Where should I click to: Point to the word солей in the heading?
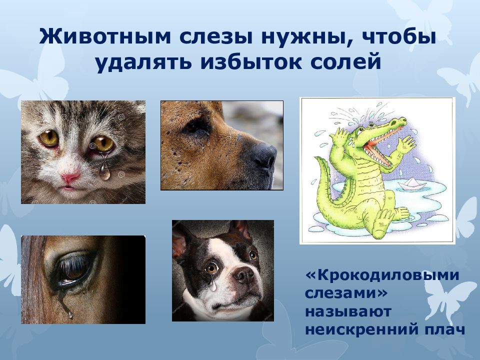tap(346, 62)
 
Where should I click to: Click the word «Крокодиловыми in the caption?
tap(382, 275)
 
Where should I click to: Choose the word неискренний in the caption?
tap(360, 329)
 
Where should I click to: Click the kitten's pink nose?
tap(70, 177)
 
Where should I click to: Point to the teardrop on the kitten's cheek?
tap(104, 171)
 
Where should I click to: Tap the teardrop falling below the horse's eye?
tap(70, 314)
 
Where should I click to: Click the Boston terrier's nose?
tap(243, 274)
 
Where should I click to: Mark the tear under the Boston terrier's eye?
tap(213, 285)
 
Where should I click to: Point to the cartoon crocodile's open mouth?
tap(381, 146)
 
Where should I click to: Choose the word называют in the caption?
tap(348, 311)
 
